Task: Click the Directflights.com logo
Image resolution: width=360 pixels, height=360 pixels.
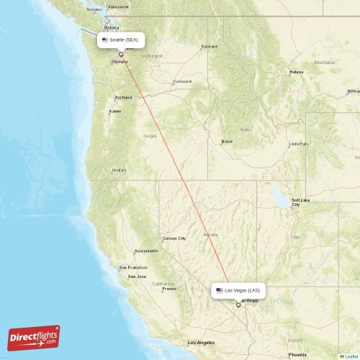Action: (x=34, y=337)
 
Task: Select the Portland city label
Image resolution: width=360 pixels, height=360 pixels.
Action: (x=123, y=97)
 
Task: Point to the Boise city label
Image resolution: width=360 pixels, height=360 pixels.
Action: (x=227, y=141)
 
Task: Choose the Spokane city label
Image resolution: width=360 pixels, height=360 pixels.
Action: (x=209, y=46)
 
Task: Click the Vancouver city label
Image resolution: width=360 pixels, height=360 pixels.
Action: (x=117, y=6)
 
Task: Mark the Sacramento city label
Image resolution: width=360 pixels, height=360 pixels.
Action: (x=145, y=251)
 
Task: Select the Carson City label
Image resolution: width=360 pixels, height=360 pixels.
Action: (x=174, y=238)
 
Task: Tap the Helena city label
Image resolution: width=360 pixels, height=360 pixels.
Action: (x=297, y=73)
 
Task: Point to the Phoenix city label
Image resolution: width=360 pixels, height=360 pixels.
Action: (x=297, y=354)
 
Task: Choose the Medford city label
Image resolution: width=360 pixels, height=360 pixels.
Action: (x=119, y=171)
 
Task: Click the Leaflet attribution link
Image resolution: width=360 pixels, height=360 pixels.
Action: (x=351, y=356)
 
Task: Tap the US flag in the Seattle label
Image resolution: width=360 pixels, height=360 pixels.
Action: (x=105, y=40)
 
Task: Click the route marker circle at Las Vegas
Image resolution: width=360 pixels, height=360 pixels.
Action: (x=238, y=305)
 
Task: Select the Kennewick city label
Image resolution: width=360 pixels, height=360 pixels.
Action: (x=182, y=81)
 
